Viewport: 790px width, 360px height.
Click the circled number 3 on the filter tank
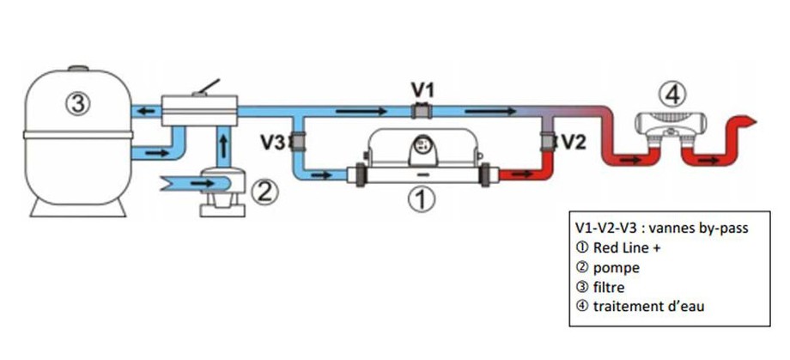click(x=78, y=105)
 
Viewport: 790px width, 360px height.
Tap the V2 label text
click(x=572, y=142)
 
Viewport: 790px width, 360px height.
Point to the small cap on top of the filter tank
click(x=77, y=70)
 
